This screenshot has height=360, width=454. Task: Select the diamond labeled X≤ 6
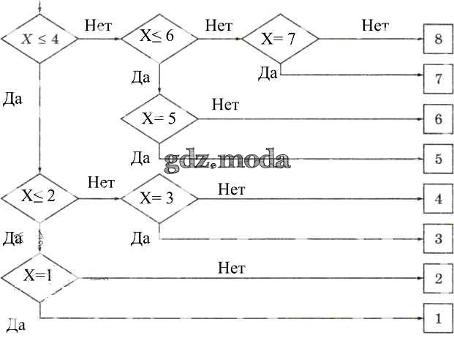pos(159,37)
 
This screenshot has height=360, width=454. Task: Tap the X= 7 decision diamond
pos(280,39)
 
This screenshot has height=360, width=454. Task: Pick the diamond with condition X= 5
pos(159,118)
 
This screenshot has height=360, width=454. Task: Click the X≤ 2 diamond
pos(39,196)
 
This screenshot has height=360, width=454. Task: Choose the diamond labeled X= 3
pos(159,197)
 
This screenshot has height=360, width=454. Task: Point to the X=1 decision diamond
pos(39,277)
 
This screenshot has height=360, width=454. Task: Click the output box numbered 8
pos(437,40)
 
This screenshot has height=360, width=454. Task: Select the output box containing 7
pos(437,78)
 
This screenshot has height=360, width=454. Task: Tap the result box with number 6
pos(437,119)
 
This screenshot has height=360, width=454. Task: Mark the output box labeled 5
pos(437,158)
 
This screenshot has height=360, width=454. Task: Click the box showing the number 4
pos(437,198)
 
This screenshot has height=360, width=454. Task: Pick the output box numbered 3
pos(437,239)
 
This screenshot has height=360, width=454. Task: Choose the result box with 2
pos(437,279)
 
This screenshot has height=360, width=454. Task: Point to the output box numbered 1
pos(437,319)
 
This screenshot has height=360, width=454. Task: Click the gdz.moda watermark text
pos(227,160)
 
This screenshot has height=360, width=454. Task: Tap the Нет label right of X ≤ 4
pos(98,26)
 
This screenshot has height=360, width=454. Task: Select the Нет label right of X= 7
pos(375,26)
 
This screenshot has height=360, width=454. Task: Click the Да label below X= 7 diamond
pos(268,72)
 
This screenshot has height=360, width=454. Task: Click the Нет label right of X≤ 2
pos(101,182)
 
